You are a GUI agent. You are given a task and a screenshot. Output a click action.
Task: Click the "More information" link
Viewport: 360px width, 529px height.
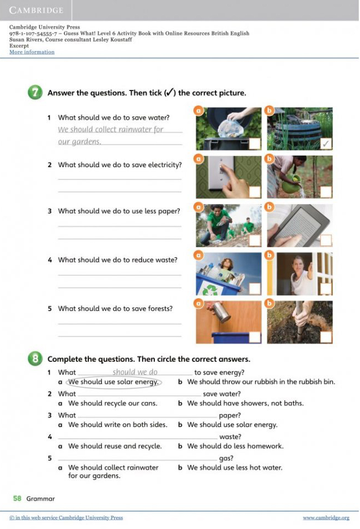point(31,52)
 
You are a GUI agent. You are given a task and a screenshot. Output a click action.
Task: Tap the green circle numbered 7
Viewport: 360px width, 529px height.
point(35,93)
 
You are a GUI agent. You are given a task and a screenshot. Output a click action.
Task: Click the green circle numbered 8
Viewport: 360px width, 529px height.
point(35,359)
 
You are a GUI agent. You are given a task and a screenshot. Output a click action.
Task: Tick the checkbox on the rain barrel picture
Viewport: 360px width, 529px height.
point(326,144)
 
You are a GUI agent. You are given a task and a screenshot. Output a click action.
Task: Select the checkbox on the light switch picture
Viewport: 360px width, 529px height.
point(255,191)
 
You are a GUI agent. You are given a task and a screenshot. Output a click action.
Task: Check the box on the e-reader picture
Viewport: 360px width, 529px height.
point(326,240)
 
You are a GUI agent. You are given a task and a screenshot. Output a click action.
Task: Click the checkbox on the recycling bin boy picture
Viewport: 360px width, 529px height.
point(255,289)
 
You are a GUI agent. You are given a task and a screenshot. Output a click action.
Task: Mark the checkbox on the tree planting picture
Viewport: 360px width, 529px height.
point(326,337)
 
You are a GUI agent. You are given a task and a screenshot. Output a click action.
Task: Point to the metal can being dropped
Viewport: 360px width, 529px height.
point(221,312)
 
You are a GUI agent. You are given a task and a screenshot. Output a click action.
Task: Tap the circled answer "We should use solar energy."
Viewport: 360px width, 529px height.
point(114,382)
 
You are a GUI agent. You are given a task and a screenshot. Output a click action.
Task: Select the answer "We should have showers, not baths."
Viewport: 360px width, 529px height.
point(245,403)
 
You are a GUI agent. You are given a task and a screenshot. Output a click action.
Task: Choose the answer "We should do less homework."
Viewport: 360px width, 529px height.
point(235,446)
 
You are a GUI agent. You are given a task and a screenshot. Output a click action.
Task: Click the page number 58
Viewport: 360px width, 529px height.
point(17,498)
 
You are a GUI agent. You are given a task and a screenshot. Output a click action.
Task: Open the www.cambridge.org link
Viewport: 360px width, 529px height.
point(326,517)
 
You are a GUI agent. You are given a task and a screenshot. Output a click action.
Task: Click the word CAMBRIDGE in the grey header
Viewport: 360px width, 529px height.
point(36,10)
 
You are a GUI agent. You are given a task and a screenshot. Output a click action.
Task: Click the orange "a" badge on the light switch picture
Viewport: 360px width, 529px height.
point(198,158)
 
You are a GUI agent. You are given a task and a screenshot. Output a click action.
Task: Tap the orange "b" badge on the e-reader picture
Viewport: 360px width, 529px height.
point(270,207)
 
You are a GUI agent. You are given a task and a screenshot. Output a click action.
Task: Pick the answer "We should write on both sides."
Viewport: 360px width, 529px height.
point(117,424)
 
